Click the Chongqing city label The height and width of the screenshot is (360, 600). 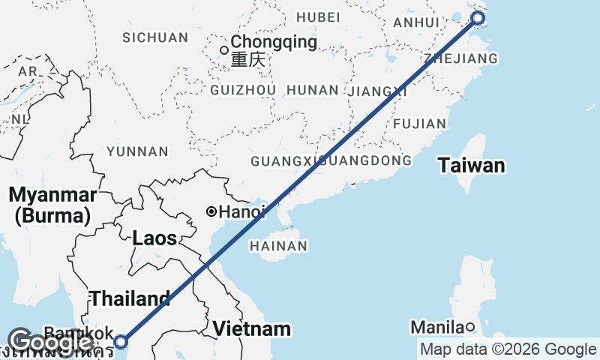[x=274, y=42]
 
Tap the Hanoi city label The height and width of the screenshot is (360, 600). [x=242, y=212]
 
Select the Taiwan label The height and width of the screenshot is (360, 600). [x=472, y=166]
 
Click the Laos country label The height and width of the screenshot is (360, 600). [x=154, y=239]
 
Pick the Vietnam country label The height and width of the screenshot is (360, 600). [x=250, y=328]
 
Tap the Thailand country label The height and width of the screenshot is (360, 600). [x=130, y=298]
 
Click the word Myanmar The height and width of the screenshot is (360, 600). [x=52, y=195]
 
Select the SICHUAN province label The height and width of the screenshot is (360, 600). [x=155, y=37]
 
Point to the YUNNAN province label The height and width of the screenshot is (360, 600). [x=137, y=151]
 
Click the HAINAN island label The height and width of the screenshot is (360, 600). [x=278, y=246]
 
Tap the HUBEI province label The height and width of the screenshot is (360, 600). [x=318, y=17]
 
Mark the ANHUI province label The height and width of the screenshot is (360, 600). [x=410, y=23]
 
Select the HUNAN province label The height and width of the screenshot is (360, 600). [x=313, y=90]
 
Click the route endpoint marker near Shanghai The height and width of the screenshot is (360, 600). [x=477, y=19]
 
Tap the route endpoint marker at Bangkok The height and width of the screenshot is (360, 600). [x=121, y=343]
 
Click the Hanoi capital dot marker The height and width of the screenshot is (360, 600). [x=212, y=212]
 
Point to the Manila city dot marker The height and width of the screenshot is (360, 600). [x=469, y=326]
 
